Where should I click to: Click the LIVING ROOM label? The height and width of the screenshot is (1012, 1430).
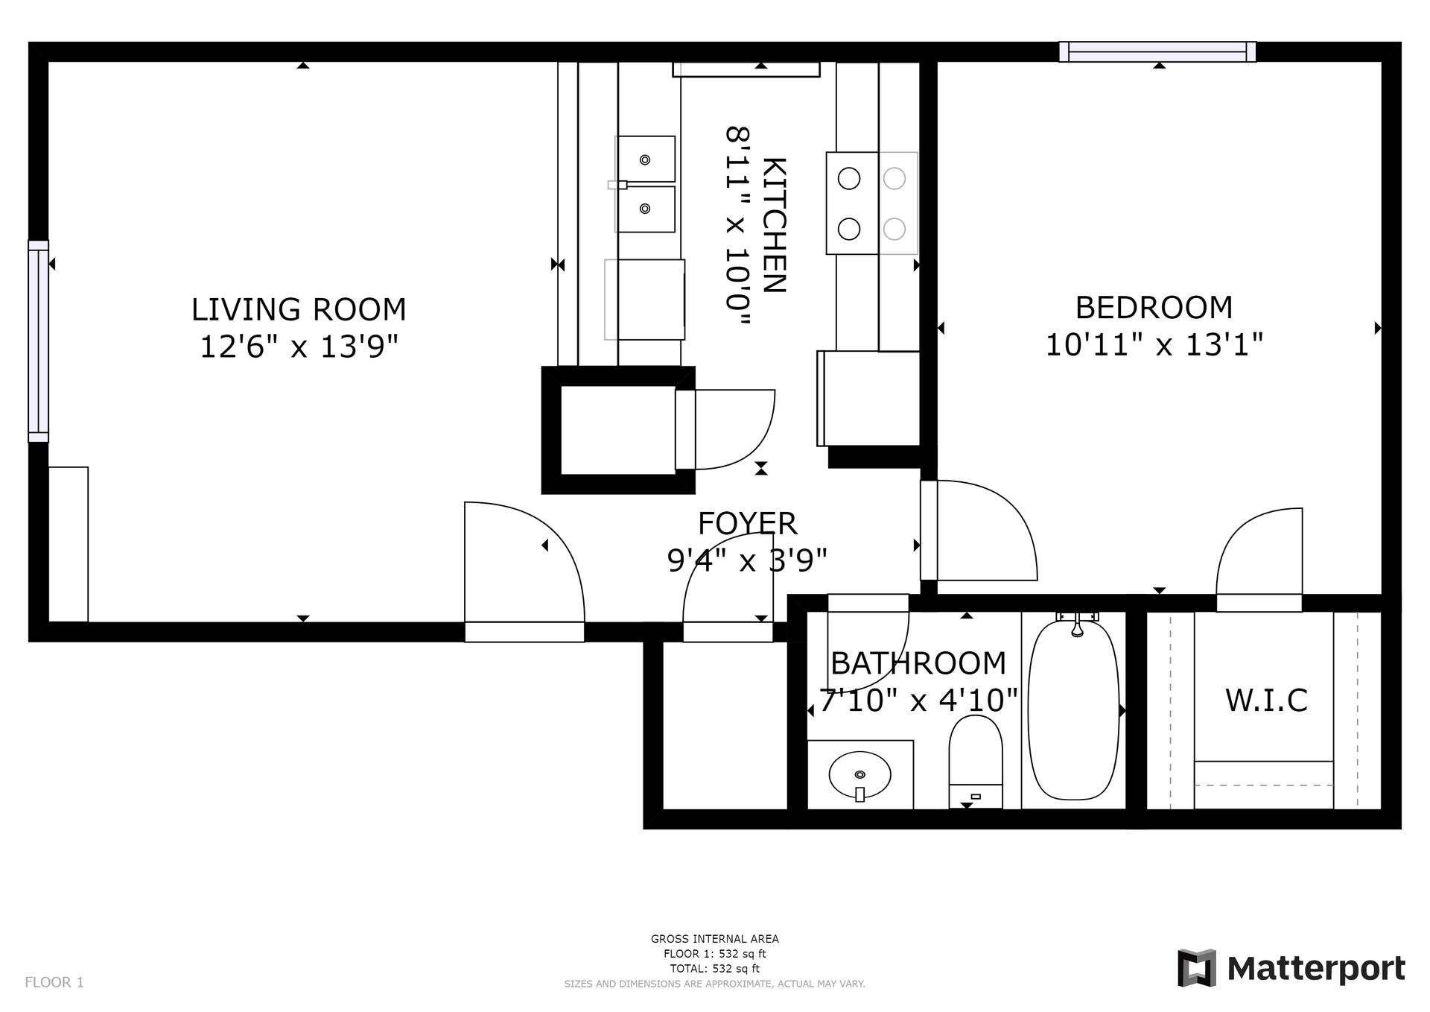[x=299, y=309]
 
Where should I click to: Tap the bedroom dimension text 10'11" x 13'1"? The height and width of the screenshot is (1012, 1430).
[x=1154, y=345]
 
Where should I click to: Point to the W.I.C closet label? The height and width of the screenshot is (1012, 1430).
[x=1266, y=701]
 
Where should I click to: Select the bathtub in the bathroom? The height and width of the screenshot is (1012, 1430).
[x=1073, y=709]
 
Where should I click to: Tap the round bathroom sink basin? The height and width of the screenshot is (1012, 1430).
[x=860, y=776]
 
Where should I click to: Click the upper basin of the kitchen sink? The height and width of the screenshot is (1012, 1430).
[x=646, y=159]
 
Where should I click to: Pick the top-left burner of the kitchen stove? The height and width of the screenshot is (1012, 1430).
[x=849, y=179]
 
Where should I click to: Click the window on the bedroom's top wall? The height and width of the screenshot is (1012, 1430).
[x=1157, y=51]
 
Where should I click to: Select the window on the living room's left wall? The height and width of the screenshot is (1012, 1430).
[x=39, y=341]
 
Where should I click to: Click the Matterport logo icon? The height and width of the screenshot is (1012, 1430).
[x=1196, y=968]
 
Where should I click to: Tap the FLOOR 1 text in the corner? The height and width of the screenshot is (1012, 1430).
[x=54, y=982]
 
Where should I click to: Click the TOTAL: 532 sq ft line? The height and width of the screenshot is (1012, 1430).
[x=715, y=969]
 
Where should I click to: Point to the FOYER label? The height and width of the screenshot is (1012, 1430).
[x=748, y=524]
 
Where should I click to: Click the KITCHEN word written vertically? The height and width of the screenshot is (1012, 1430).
[x=775, y=225]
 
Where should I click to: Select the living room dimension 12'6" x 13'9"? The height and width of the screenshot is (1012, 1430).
[x=299, y=347]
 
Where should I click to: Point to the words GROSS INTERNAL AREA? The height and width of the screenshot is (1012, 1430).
[x=715, y=939]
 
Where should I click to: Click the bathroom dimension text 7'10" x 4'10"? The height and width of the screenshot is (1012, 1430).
[x=918, y=701]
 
